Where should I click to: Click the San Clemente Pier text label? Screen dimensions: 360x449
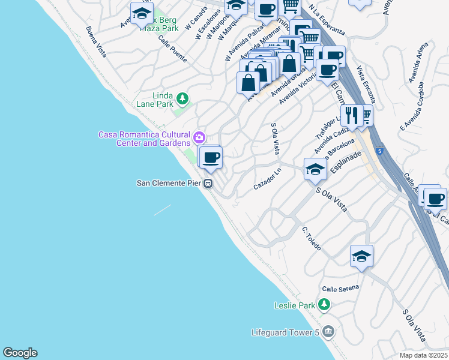[170, 183]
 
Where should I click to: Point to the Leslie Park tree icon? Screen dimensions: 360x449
[324, 305]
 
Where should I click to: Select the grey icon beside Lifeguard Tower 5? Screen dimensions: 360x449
[328, 331]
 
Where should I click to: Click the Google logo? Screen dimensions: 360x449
[20, 353]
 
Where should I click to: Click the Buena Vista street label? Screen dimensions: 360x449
[96, 42]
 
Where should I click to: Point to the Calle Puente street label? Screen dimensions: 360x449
[173, 49]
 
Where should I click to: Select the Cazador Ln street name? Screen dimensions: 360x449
[268, 179]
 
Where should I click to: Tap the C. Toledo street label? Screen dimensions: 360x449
[312, 239]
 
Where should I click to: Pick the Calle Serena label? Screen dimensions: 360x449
[340, 288]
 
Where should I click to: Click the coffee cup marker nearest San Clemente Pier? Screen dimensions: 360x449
[211, 158]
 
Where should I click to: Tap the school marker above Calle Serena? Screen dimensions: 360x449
[362, 256]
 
